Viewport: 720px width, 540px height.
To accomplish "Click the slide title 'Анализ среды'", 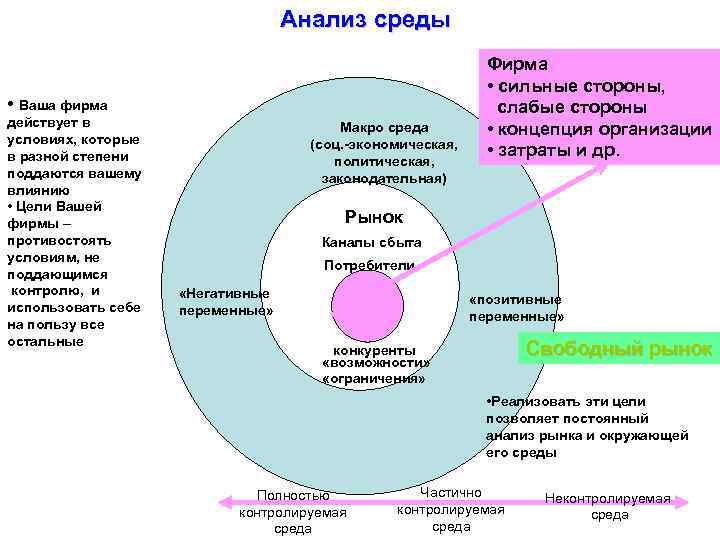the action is point(365,19).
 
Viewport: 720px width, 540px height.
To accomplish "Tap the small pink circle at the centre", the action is point(367,299).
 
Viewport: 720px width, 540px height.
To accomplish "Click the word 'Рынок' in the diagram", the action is point(373,216).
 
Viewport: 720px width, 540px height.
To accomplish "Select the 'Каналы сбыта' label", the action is point(371,242).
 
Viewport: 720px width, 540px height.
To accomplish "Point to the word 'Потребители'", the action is point(369,265).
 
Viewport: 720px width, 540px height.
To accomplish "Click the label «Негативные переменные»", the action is point(225,302).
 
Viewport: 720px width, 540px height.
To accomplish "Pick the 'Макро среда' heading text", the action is point(384,127).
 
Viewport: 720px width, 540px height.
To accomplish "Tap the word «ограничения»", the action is point(374,379).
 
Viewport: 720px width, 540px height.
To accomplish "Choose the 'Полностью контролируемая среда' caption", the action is point(293,512).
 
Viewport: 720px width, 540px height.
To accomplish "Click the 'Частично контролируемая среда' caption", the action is point(451,509).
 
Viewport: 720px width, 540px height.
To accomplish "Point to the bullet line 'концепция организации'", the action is point(605,129).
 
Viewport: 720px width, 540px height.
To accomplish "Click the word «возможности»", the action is point(374,365).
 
